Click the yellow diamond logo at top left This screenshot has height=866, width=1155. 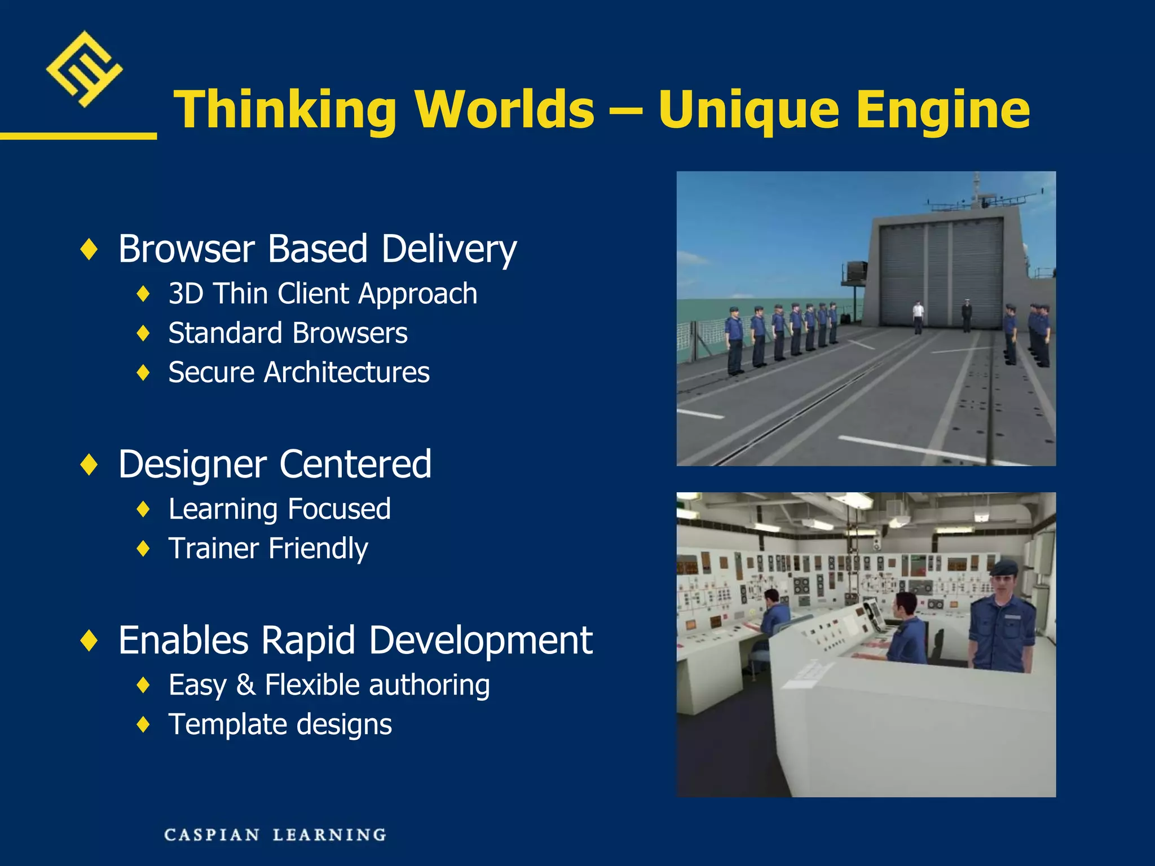(x=84, y=69)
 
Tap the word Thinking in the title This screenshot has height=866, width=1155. (x=285, y=110)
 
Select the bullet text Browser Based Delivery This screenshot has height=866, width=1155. (x=317, y=249)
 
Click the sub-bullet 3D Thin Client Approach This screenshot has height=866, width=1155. (x=323, y=294)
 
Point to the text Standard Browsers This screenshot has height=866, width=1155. (x=288, y=333)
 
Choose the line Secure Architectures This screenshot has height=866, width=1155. (x=299, y=373)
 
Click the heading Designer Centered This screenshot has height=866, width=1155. (x=275, y=465)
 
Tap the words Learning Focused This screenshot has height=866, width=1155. (x=279, y=509)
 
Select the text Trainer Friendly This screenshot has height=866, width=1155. (x=268, y=549)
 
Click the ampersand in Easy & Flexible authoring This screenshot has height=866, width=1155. (x=245, y=685)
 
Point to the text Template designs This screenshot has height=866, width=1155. (x=280, y=724)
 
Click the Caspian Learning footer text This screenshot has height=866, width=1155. (x=275, y=834)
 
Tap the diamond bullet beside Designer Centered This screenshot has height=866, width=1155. (x=89, y=465)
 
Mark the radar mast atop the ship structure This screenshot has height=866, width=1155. (x=978, y=195)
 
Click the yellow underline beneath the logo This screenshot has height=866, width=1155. (x=78, y=136)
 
